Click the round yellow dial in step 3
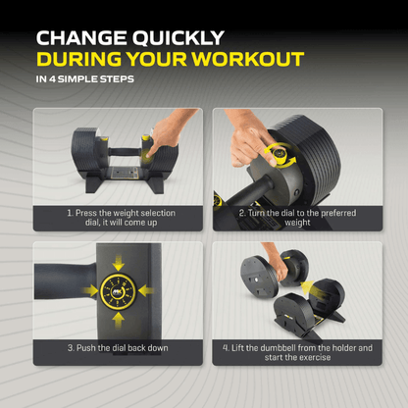117,291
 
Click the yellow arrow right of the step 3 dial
146,291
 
